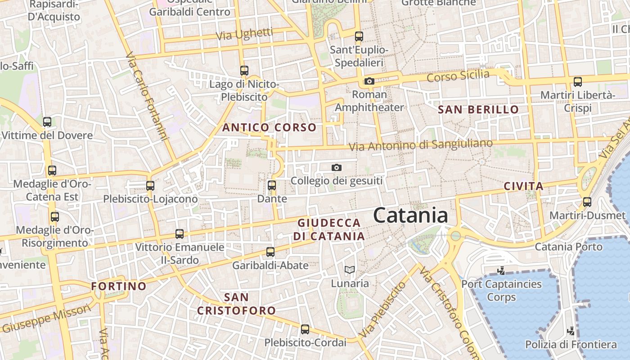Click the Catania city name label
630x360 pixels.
(410, 215)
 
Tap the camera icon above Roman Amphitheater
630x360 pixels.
(369, 81)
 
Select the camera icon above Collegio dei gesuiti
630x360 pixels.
(336, 167)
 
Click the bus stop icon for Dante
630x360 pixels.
(271, 185)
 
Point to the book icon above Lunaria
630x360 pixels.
(350, 270)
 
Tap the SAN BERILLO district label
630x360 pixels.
(478, 109)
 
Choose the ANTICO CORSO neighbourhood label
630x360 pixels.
(270, 127)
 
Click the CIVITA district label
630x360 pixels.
(523, 186)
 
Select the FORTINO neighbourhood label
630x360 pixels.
(119, 286)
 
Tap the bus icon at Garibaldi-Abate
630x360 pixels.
(270, 252)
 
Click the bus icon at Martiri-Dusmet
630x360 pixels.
(587, 202)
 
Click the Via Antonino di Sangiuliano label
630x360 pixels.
(421, 145)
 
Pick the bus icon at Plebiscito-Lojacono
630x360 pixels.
(150, 185)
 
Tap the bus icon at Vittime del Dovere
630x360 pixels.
(47, 121)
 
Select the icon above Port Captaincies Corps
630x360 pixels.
(501, 271)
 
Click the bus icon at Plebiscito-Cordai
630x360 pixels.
(305, 329)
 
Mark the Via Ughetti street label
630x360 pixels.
(244, 34)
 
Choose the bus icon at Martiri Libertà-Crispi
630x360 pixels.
(578, 82)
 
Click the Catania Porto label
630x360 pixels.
(568, 247)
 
